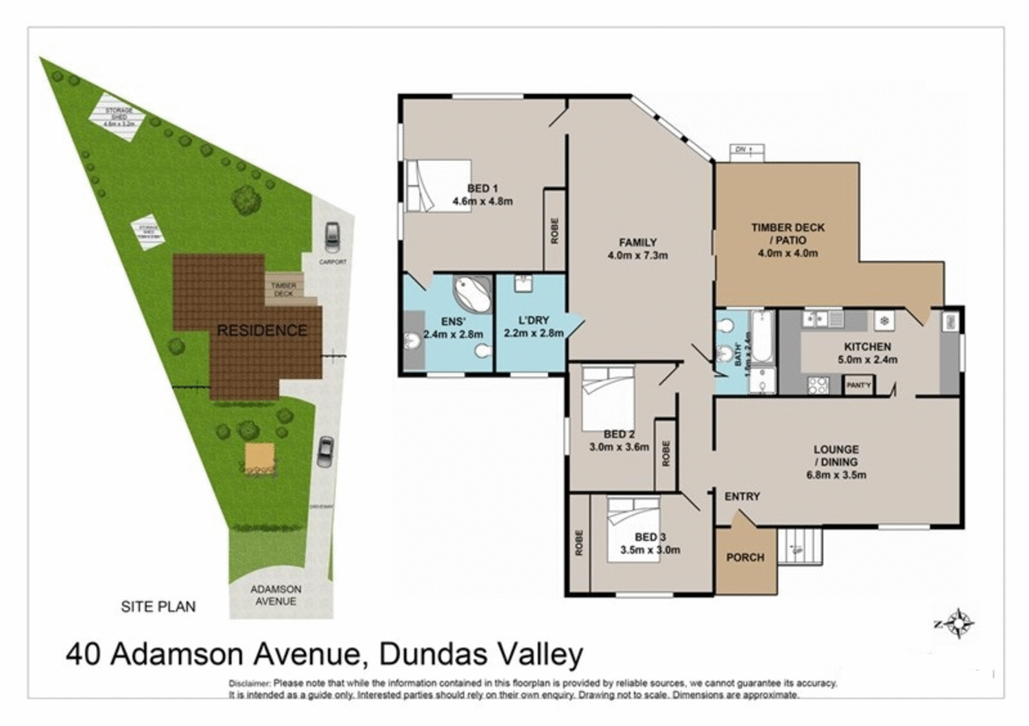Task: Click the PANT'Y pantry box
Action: pyautogui.click(x=858, y=385)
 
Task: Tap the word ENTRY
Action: pyautogui.click(x=742, y=496)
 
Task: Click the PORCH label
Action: pyautogui.click(x=745, y=557)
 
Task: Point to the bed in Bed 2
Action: pyautogui.click(x=607, y=398)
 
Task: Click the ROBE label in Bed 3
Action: pyautogui.click(x=580, y=543)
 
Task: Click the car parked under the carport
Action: pyautogui.click(x=332, y=237)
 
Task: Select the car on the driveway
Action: pyautogui.click(x=325, y=452)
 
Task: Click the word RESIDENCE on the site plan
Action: pyautogui.click(x=262, y=330)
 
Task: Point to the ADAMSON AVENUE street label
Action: pyautogui.click(x=276, y=595)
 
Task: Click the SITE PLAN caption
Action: pyautogui.click(x=158, y=607)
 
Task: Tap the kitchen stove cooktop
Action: pyautogui.click(x=817, y=385)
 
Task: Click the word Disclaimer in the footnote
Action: pyautogui.click(x=250, y=683)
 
